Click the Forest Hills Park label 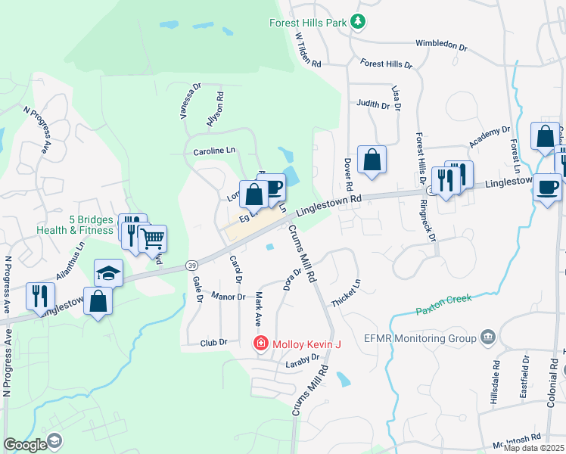coord(309,23)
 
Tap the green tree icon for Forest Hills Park coord(360,23)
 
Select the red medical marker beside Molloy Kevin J coord(261,344)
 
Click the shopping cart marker coord(153,239)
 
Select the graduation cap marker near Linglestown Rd coord(108,272)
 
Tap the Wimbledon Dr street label coord(442,45)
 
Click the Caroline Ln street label coord(214,151)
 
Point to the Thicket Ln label coord(346,293)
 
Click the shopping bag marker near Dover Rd coord(372,160)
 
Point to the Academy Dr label coord(490,137)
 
